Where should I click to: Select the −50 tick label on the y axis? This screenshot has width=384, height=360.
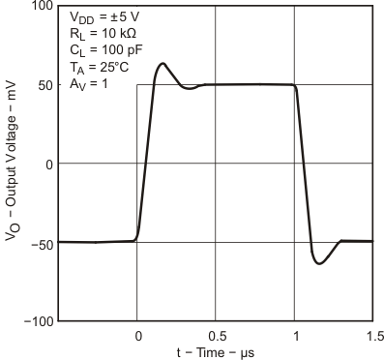coord(42,242)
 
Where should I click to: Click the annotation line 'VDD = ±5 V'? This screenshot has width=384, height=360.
coord(104,16)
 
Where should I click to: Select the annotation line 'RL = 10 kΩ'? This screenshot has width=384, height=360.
coord(103,33)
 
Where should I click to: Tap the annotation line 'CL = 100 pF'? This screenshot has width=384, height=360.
coord(105,49)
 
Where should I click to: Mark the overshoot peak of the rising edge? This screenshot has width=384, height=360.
coord(162,64)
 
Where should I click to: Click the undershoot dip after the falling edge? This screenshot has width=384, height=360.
coord(319,263)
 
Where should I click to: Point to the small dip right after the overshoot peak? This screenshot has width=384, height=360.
coord(190,88)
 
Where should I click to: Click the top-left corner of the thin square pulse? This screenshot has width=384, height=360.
coord(137,85)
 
